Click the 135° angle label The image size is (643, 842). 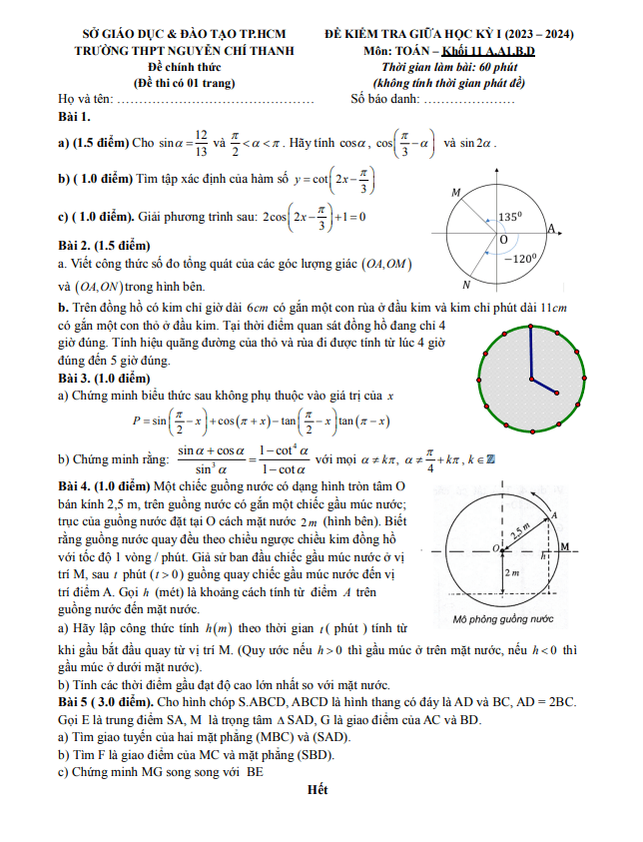click(512, 216)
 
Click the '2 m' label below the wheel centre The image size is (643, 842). click(510, 573)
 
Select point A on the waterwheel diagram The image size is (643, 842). click(553, 514)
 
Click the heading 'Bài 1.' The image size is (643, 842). click(78, 118)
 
